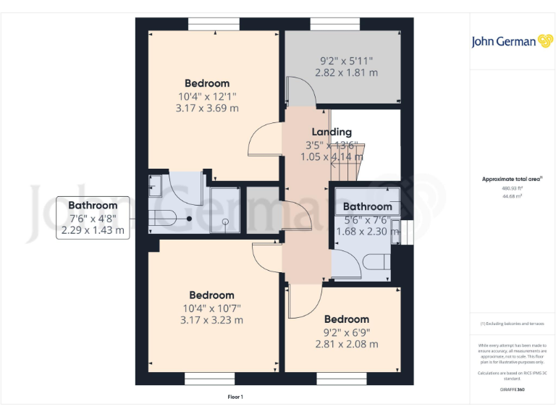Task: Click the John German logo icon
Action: click(545, 41)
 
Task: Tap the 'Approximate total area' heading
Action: click(512, 179)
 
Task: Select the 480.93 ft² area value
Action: click(512, 188)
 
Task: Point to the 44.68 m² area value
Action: click(512, 195)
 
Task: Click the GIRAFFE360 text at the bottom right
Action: click(512, 389)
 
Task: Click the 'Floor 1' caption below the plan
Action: click(235, 397)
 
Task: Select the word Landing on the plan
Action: click(332, 132)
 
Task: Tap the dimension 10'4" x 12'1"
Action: click(207, 96)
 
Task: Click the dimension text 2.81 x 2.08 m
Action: click(346, 344)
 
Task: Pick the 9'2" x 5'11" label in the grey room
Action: click(346, 61)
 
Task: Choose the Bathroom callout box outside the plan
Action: click(93, 218)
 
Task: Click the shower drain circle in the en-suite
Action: click(225, 222)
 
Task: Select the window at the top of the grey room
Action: click(334, 24)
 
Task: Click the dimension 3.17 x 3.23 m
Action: click(211, 319)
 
